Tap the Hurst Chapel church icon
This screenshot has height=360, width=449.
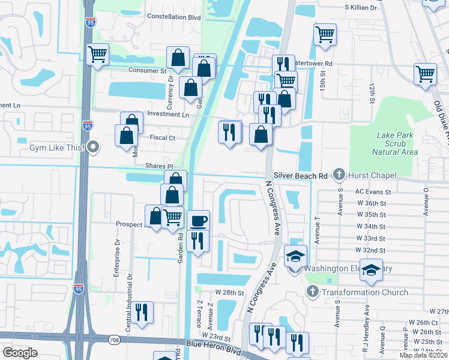[x=339, y=175]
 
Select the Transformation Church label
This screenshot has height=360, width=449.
[x=364, y=292]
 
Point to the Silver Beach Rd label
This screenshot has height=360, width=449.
[x=300, y=175]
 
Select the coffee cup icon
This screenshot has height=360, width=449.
[x=199, y=221]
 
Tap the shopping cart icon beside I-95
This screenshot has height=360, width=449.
[x=97, y=55]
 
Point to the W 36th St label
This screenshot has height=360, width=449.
[x=370, y=203]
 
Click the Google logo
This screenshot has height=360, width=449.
[x=20, y=353]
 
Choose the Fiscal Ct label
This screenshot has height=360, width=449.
[x=163, y=137]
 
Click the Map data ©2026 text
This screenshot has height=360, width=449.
[x=423, y=355]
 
